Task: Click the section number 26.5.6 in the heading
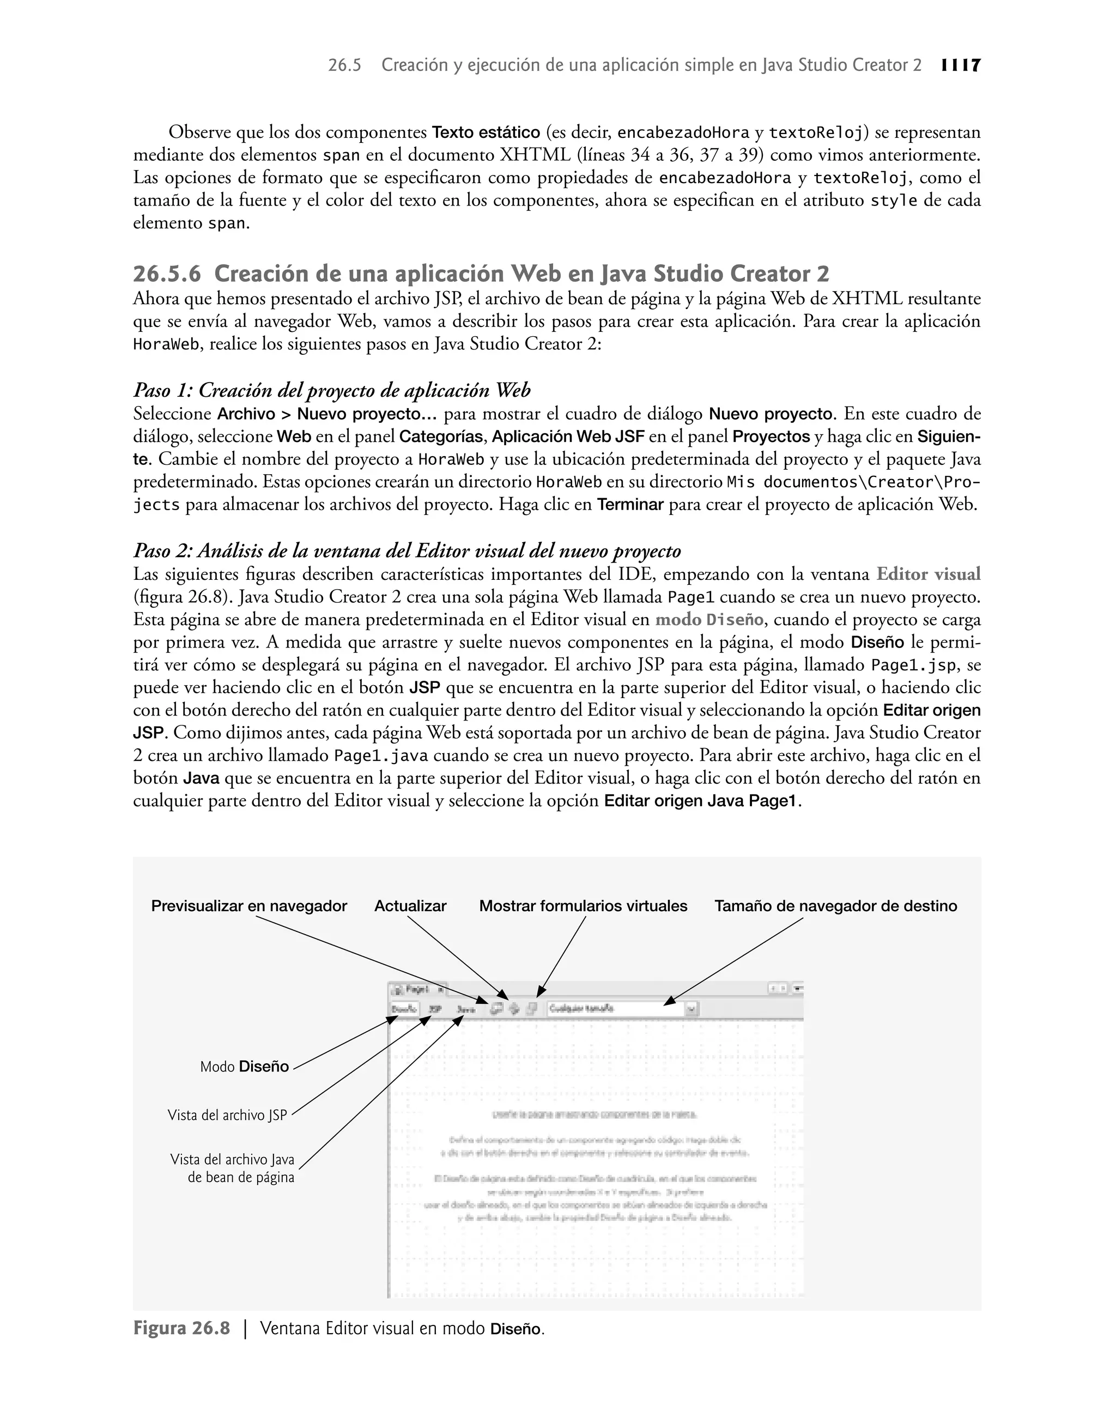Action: pos(167,273)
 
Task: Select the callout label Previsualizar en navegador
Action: pos(249,906)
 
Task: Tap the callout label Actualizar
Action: pos(410,906)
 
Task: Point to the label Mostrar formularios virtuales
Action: pos(583,906)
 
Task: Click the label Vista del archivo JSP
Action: pos(227,1115)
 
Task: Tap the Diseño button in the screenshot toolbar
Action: pos(404,1009)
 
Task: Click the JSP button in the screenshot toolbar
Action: pos(435,1009)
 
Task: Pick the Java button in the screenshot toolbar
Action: pos(466,1009)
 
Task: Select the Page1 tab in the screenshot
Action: pos(416,989)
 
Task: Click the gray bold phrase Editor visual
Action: pos(928,574)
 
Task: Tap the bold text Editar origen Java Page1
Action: pos(701,801)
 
